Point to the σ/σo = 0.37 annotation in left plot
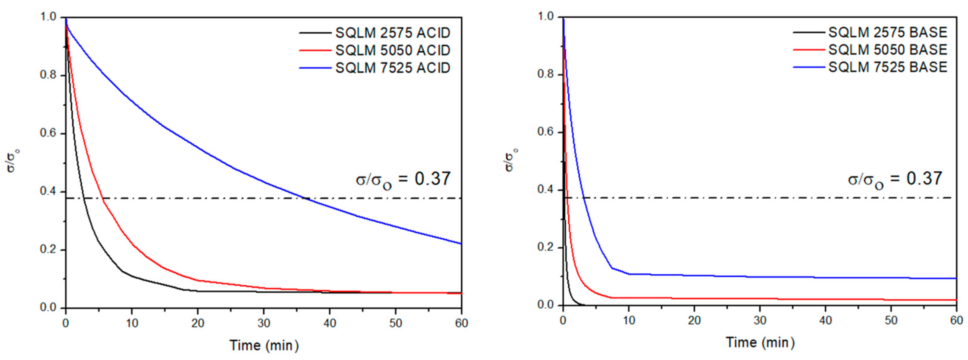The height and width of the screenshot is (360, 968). (x=403, y=179)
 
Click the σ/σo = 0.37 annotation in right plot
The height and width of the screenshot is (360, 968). (x=895, y=179)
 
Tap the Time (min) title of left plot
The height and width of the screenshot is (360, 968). (x=264, y=345)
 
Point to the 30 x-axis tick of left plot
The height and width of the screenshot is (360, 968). (x=264, y=323)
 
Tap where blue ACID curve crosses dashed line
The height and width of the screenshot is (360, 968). (x=306, y=198)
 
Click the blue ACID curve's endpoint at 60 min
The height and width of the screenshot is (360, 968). (x=461, y=243)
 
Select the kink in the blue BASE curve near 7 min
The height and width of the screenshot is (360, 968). (x=612, y=268)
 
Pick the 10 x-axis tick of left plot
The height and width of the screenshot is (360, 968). (x=132, y=323)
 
